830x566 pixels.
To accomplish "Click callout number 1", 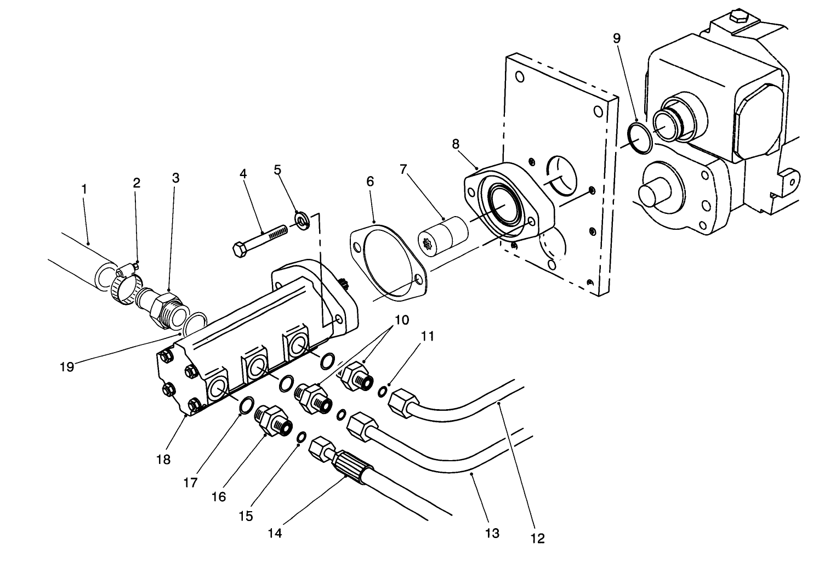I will pyautogui.click(x=84, y=189).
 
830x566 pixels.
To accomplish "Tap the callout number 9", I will pyautogui.click(x=617, y=38).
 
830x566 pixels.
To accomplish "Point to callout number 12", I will pyautogui.click(x=538, y=538).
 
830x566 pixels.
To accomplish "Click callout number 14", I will pyautogui.click(x=275, y=533).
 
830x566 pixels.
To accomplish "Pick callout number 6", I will pyautogui.click(x=370, y=182).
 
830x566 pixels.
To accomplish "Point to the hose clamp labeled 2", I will pyautogui.click(x=124, y=282).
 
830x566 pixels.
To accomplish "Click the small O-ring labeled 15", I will pyautogui.click(x=301, y=437).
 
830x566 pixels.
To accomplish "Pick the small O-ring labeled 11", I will pyautogui.click(x=382, y=390).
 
